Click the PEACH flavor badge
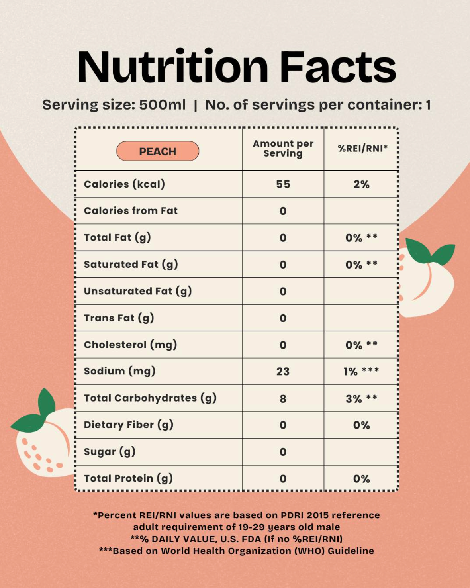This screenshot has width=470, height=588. point(158,151)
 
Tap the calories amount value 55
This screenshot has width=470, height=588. point(283,184)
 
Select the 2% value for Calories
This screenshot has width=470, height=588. point(361,184)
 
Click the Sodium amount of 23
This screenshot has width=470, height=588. point(283,372)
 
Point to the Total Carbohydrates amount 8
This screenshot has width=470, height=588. point(283,399)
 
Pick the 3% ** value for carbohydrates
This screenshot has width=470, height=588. point(361,398)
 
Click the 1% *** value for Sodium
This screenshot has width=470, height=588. point(361,372)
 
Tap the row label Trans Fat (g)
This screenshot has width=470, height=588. point(119,318)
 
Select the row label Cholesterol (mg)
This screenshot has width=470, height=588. point(130,345)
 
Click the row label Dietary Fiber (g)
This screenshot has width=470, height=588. point(128,425)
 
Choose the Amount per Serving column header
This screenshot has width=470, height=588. point(283,149)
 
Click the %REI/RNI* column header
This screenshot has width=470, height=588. point(362,149)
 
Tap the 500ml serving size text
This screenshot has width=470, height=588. point(162,105)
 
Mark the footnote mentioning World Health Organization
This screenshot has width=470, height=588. point(237,551)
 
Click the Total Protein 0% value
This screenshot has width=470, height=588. point(361,479)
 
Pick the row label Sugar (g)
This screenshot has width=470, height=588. point(110,452)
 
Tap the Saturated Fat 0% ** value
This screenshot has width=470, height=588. point(361,265)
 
